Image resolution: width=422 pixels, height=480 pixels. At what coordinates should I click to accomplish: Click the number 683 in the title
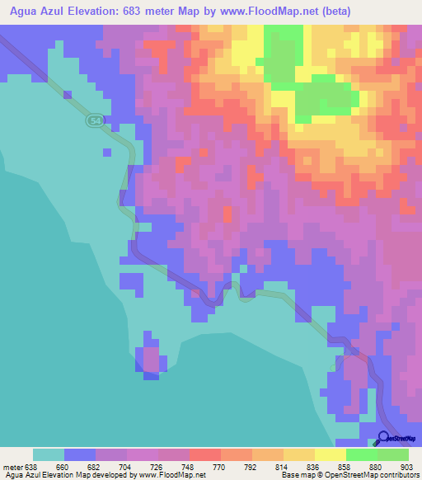click(x=147, y=12)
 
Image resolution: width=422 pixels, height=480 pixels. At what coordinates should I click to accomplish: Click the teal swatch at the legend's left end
click(x=49, y=454)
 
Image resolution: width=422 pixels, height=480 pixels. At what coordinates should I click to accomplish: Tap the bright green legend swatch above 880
click(x=362, y=454)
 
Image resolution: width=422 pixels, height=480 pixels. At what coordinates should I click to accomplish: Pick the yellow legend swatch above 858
click(x=331, y=454)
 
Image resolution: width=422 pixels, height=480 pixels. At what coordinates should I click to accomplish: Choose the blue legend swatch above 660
click(x=80, y=454)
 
